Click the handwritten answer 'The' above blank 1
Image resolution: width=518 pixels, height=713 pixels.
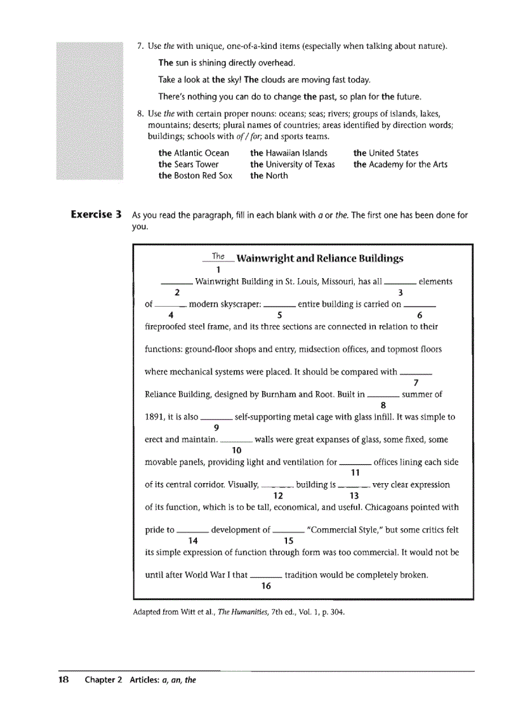218,257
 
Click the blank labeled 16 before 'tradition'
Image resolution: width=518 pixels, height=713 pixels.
266,576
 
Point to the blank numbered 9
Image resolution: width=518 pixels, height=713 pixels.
216,418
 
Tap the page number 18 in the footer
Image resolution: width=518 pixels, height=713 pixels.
63,679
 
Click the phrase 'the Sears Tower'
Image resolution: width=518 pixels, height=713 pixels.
189,164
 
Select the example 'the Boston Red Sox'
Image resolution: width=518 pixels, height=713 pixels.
196,176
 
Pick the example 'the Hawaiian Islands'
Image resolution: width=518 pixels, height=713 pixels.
289,153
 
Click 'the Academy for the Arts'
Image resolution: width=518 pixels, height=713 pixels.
401,164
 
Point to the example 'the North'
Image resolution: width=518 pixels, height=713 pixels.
269,176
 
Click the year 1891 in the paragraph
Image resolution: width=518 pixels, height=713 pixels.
156,417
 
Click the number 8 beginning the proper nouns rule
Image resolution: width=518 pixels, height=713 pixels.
140,114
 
